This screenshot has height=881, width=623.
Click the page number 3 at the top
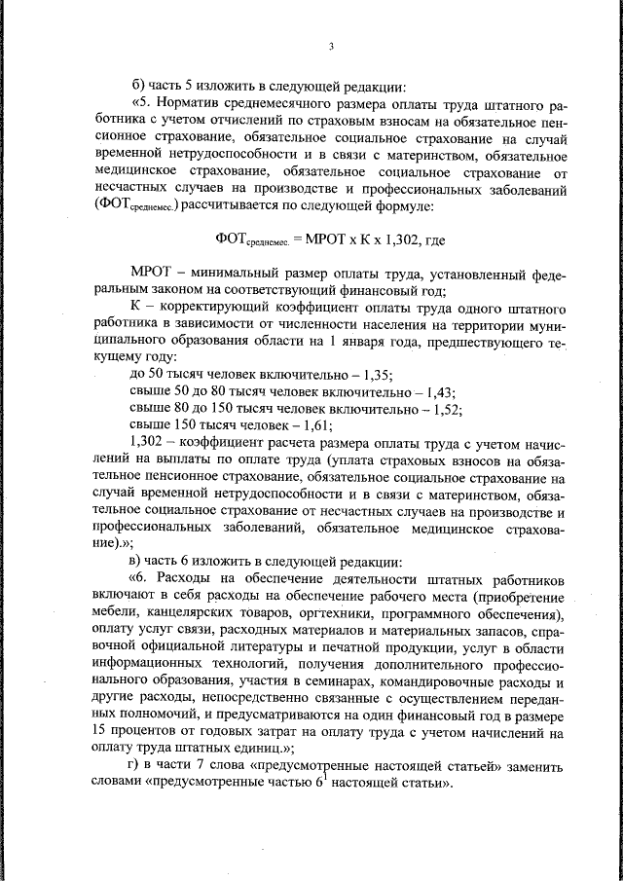point(331,46)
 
